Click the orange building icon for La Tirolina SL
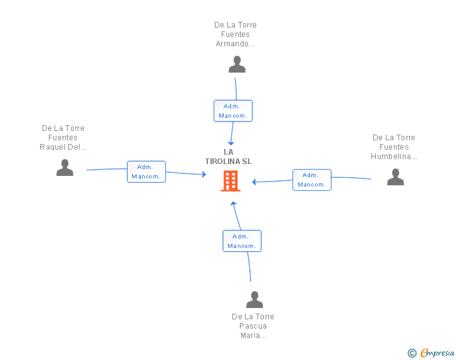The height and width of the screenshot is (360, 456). (231, 181)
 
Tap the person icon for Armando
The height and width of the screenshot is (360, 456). (237, 64)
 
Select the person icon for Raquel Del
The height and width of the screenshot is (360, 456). (65, 168)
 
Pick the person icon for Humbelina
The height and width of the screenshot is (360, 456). (395, 177)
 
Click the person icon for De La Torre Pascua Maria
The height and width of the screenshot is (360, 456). (254, 299)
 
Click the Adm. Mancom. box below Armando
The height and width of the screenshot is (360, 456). (233, 111)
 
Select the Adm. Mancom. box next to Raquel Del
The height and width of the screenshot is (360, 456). (147, 172)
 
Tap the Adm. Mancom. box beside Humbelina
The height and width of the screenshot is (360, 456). (312, 180)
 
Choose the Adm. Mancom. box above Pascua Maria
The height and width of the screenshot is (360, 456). (242, 241)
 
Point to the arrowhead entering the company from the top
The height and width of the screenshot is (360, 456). (231, 143)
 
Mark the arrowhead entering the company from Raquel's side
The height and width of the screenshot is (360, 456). (204, 174)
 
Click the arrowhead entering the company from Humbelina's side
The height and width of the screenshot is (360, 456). (254, 182)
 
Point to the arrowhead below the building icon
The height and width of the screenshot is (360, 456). (233, 203)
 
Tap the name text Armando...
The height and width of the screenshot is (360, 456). (235, 44)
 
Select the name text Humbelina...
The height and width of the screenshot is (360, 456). (394, 157)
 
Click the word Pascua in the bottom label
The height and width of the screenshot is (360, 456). (252, 326)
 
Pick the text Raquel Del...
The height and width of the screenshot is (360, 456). (63, 147)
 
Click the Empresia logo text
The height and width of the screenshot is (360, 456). (437, 352)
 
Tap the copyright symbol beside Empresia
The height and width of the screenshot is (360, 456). (412, 353)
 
